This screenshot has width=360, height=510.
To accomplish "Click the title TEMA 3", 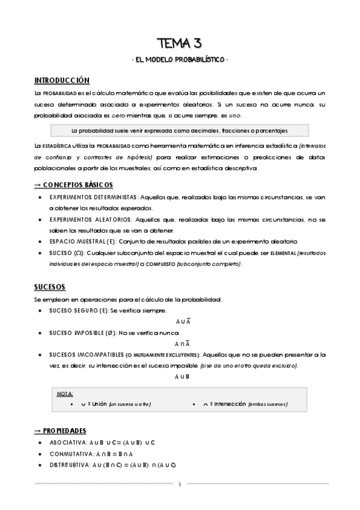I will click(x=179, y=43).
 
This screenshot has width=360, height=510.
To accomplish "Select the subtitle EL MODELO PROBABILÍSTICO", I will click(x=179, y=60).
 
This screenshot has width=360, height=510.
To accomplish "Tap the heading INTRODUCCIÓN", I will click(x=62, y=81).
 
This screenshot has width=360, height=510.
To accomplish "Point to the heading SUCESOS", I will click(x=50, y=286).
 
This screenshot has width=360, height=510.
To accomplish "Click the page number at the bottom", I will click(x=180, y=484).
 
